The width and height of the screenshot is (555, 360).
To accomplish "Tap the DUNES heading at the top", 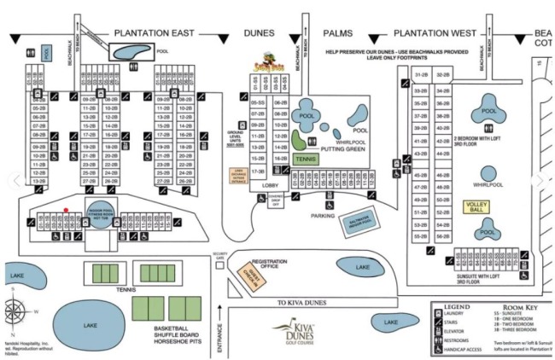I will click(x=261, y=33).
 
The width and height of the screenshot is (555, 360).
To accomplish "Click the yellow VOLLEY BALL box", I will click(x=476, y=206).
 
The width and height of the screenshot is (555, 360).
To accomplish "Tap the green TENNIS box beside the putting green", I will click(x=306, y=159).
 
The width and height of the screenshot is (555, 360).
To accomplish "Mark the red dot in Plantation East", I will click(x=66, y=209).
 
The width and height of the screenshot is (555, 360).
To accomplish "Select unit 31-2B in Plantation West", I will click(x=420, y=75).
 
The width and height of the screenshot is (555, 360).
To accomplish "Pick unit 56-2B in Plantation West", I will click(x=442, y=235).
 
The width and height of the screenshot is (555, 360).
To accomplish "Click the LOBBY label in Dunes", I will click(x=270, y=183).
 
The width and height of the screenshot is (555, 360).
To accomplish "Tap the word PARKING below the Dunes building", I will click(x=322, y=216).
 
